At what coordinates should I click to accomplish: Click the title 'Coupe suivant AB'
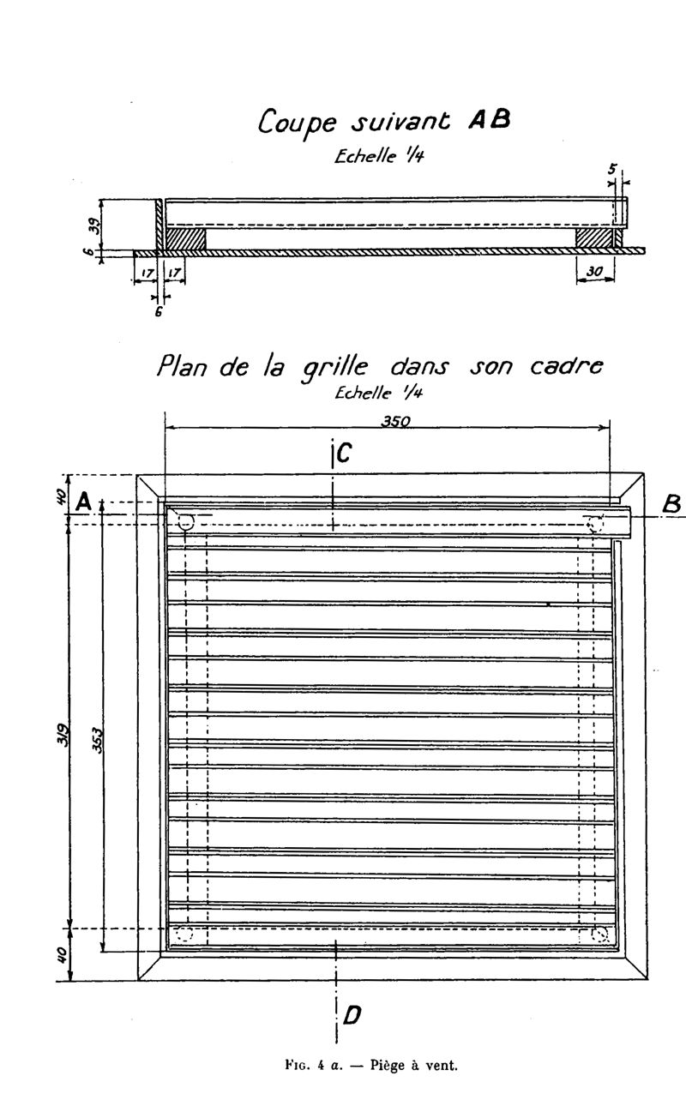[x=384, y=123]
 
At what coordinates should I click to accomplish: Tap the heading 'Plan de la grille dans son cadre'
[x=379, y=368]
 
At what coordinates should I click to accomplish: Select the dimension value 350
[x=396, y=421]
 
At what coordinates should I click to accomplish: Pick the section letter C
[x=343, y=454]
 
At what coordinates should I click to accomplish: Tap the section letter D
[x=351, y=1016]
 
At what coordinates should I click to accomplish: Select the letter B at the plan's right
[x=673, y=505]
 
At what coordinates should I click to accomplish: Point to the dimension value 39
[x=95, y=225]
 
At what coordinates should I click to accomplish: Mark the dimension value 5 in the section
[x=612, y=170]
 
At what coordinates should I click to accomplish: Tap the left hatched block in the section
[x=185, y=237]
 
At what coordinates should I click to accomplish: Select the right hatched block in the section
[x=593, y=237]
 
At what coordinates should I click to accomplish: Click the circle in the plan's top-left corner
[x=186, y=521]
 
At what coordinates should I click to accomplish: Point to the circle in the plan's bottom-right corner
[x=599, y=934]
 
